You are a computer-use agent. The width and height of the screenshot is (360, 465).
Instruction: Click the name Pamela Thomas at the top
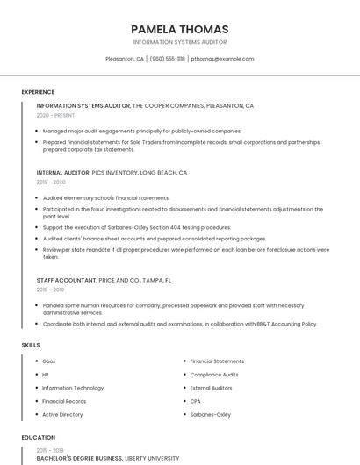tap(179, 29)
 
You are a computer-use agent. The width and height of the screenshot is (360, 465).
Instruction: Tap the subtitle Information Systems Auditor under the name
tap(179, 42)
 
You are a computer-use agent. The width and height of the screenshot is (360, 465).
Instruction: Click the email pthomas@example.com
tap(222, 59)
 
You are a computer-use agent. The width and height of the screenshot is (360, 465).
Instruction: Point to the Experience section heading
tap(38, 92)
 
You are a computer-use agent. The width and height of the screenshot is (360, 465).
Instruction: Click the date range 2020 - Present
tap(55, 115)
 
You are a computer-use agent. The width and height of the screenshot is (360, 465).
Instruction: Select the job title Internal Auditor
tap(62, 173)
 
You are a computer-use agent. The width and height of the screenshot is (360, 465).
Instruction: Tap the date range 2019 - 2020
tap(51, 182)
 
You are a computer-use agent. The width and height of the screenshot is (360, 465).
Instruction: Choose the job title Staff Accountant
tap(66, 280)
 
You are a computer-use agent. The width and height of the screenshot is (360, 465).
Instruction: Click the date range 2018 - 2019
tap(50, 290)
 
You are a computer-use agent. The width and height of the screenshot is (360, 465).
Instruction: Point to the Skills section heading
tap(31, 345)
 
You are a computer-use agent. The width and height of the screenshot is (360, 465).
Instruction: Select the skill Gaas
tap(49, 361)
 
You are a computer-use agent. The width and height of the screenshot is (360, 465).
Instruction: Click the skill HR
tap(46, 375)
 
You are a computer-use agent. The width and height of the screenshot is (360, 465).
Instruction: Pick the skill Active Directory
tap(62, 414)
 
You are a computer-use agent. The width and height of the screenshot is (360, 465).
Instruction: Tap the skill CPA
tap(196, 401)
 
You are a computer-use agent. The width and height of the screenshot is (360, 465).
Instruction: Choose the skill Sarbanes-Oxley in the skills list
tap(210, 414)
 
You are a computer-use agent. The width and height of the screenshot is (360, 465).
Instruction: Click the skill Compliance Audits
tap(214, 375)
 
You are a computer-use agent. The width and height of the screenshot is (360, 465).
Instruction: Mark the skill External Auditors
tap(212, 388)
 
